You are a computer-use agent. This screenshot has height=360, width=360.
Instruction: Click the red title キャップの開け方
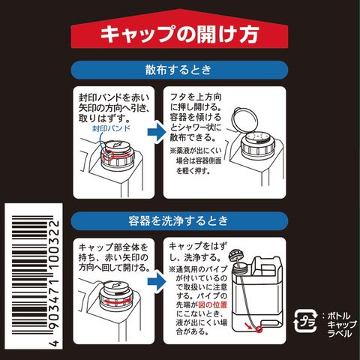(179, 34)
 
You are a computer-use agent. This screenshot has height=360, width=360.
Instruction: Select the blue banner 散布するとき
(179, 70)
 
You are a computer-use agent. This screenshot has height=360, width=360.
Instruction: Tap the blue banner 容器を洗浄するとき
(179, 221)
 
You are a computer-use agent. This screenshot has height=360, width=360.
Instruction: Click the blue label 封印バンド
(112, 128)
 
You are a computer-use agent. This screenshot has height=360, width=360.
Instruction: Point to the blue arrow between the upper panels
(157, 132)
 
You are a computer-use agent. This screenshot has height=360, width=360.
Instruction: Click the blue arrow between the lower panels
(157, 281)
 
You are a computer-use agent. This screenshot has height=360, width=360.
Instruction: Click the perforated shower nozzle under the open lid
(257, 136)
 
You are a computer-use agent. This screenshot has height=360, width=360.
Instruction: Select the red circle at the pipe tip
(259, 330)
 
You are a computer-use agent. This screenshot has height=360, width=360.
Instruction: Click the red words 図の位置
(213, 304)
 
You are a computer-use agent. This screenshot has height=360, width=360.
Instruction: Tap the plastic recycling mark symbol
(305, 321)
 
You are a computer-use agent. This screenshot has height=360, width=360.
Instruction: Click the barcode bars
(29, 275)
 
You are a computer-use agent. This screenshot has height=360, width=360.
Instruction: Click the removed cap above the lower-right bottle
(235, 256)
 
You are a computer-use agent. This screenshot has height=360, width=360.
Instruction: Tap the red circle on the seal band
(109, 154)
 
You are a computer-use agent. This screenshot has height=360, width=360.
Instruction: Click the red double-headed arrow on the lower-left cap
(118, 301)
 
